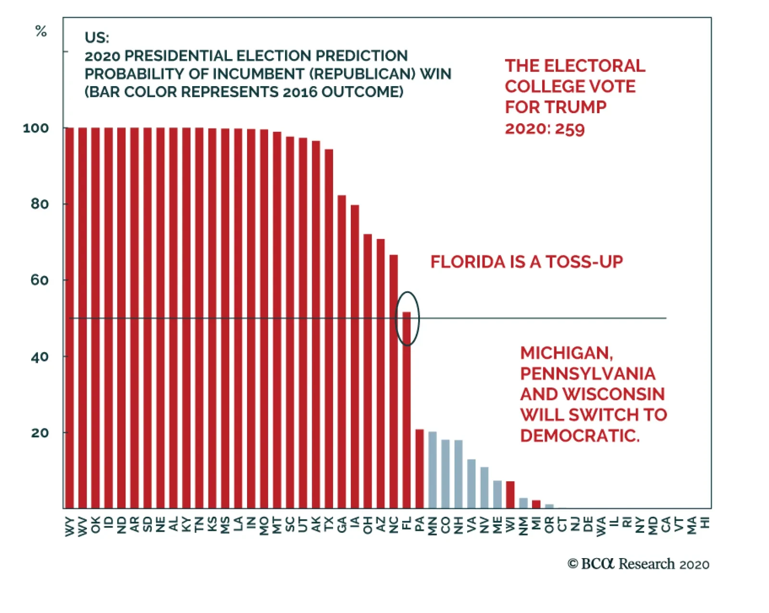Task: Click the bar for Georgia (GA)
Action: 342,351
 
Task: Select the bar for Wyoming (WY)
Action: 70,318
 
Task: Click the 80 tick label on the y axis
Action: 39,204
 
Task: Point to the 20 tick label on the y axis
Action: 39,433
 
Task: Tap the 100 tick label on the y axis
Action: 36,128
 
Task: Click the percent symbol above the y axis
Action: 41,32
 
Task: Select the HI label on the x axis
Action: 705,523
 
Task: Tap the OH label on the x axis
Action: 368,525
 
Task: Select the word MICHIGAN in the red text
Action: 566,353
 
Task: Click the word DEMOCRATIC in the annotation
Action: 580,435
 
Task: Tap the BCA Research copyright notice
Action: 638,564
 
